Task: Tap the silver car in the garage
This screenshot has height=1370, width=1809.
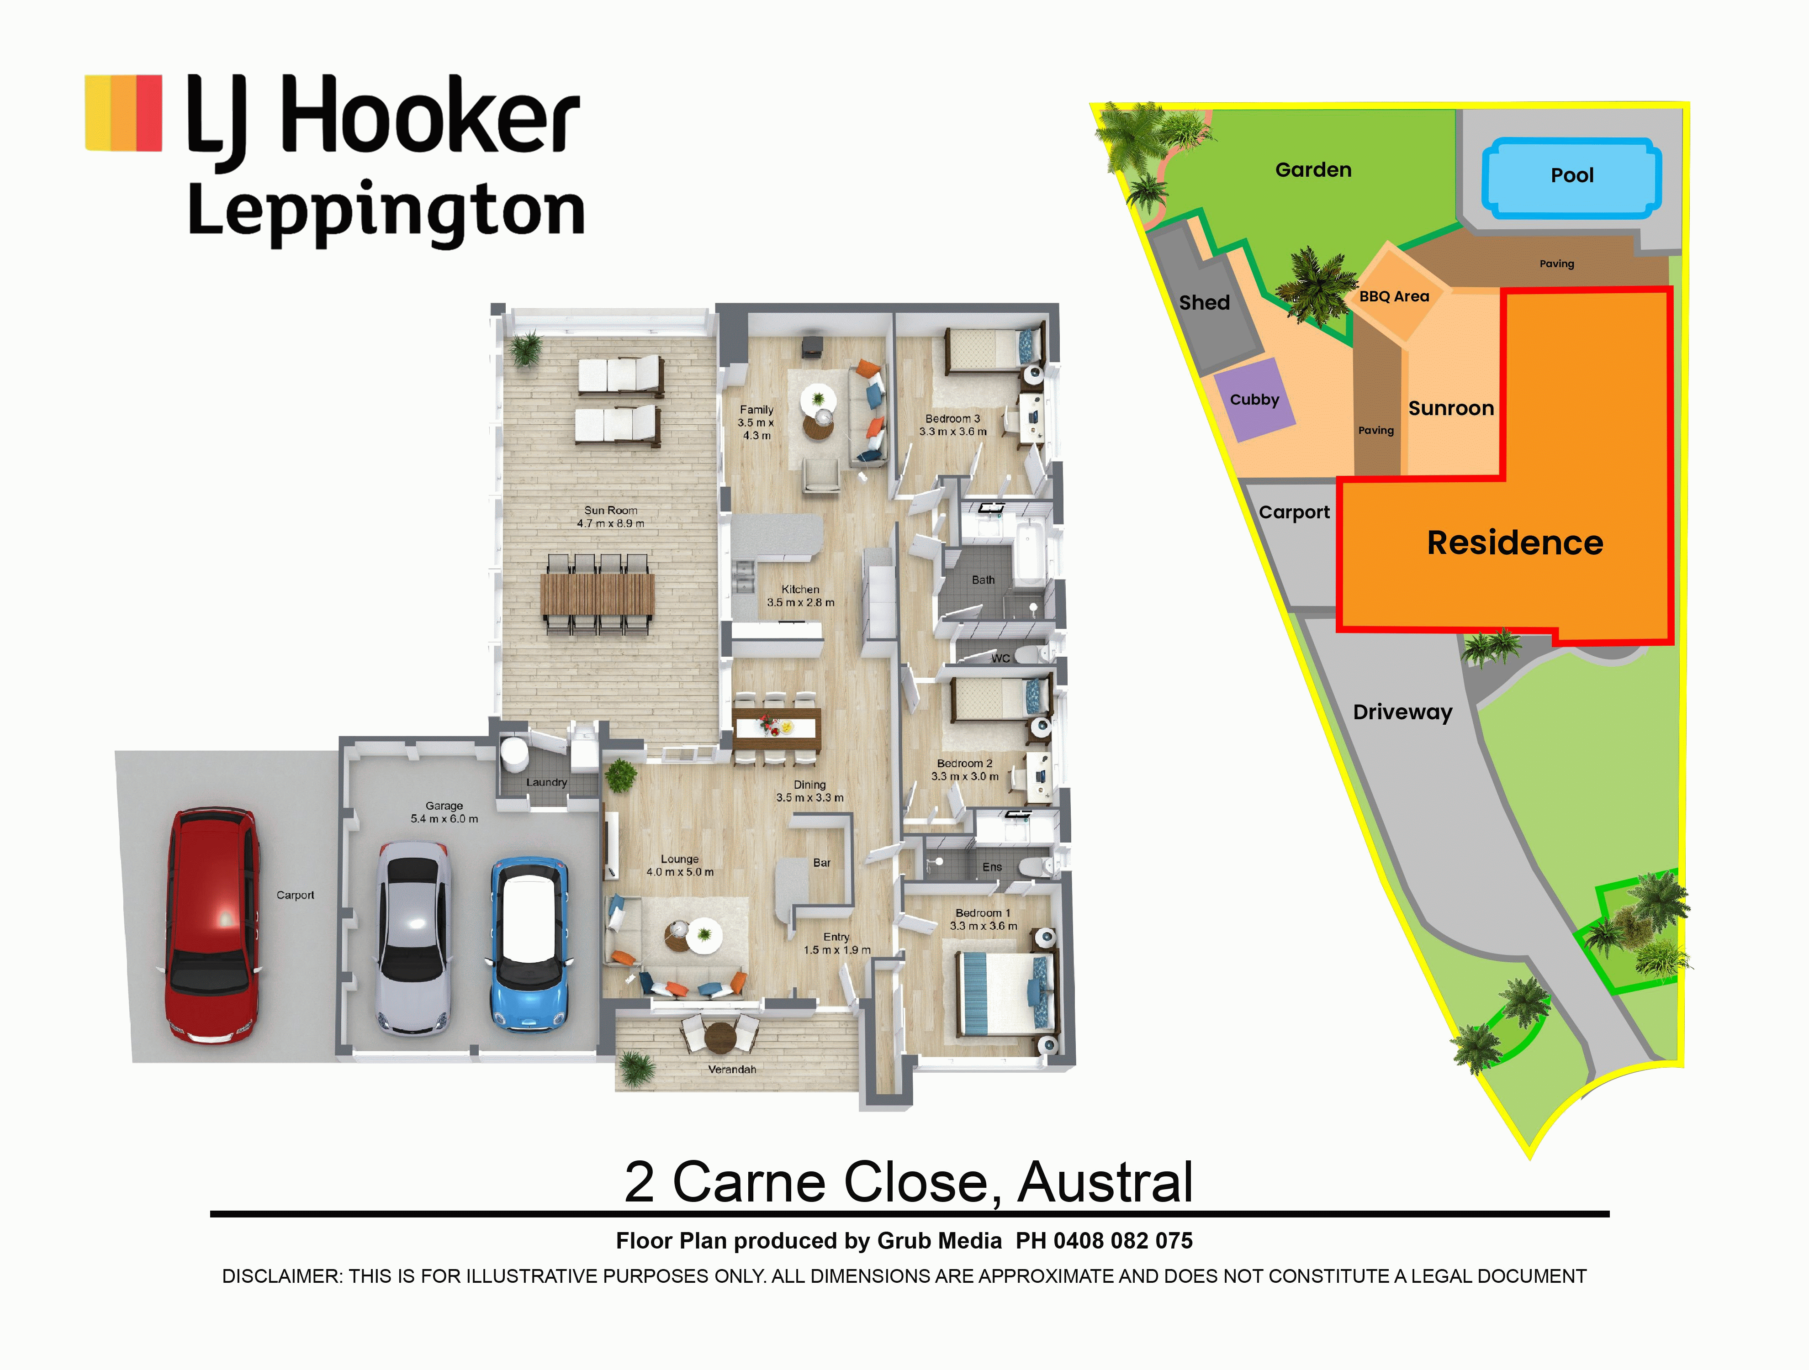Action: tap(414, 940)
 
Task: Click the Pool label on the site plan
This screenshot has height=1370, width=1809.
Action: tap(1572, 175)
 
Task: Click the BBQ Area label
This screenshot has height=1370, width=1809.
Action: tap(1394, 296)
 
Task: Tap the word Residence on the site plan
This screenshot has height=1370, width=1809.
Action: tap(1515, 543)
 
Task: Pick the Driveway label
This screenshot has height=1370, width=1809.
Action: tap(1402, 712)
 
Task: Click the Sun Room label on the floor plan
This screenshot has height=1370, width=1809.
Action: tap(610, 510)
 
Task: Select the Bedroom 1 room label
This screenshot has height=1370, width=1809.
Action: tap(983, 913)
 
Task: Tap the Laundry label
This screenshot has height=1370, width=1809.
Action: tap(546, 782)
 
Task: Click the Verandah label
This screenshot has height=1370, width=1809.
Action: tap(732, 1069)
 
